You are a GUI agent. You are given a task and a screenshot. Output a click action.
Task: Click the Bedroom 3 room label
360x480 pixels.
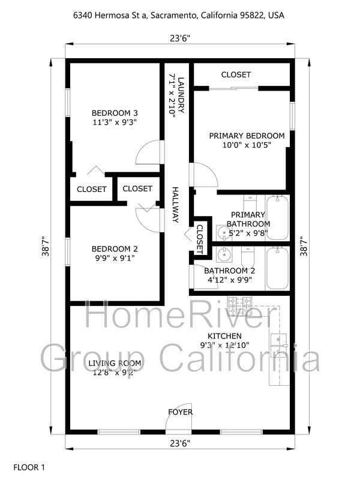[x=115, y=113]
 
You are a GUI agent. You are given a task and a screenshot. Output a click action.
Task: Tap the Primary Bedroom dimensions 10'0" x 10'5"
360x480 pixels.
[x=247, y=145]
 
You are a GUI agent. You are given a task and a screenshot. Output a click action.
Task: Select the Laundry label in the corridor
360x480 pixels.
[x=182, y=95]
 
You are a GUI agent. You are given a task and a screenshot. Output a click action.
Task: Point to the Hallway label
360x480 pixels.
[x=175, y=205]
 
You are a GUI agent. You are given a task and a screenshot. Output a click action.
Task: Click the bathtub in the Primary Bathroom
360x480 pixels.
[x=277, y=218]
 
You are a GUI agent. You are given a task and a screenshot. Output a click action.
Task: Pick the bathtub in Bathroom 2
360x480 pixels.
[x=277, y=268]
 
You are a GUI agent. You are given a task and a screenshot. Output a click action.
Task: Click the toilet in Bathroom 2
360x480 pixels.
[x=248, y=257]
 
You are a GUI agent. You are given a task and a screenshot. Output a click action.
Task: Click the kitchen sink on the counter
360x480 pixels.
[x=279, y=344]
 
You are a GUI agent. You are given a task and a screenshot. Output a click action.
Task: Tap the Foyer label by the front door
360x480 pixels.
[x=181, y=412]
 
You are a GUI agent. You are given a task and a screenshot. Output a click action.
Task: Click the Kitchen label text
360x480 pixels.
[x=224, y=336]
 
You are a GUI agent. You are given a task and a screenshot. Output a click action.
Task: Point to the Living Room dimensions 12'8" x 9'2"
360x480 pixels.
[x=115, y=373]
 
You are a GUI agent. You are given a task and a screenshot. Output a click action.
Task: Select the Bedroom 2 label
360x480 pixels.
[x=115, y=249]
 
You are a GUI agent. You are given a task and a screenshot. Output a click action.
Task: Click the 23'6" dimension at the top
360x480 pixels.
[x=181, y=38]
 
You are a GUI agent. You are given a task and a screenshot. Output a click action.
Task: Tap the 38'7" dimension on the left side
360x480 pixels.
[x=46, y=246]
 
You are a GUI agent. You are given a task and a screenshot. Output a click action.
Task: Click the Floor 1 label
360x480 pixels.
[x=29, y=467]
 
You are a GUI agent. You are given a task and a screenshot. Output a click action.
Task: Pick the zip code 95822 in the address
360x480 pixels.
[x=254, y=15]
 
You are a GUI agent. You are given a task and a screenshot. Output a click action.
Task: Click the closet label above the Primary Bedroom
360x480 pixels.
[x=236, y=74]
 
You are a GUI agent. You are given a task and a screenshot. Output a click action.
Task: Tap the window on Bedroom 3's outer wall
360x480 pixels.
[x=68, y=103]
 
